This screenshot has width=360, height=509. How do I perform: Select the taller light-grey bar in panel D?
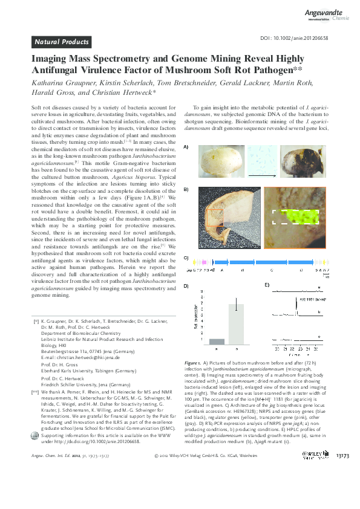tap(235, 323)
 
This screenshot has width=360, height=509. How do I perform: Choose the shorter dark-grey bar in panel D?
tap(217, 341)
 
